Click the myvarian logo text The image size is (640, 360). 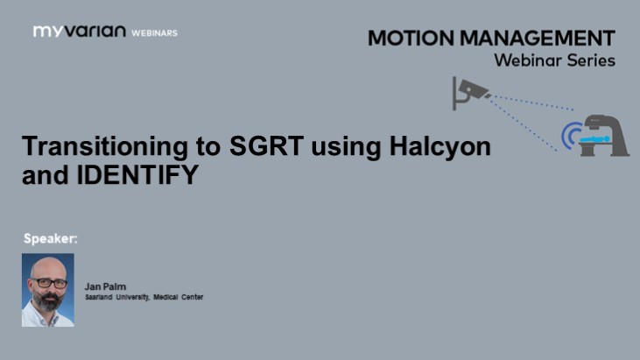coord(79,32)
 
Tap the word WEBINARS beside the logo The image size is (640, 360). coord(154,32)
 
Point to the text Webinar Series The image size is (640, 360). coord(554,60)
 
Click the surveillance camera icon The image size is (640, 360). coord(469,91)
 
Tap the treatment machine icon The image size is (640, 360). coord(605,135)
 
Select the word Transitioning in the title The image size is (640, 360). coord(92,146)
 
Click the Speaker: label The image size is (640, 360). coord(51,237)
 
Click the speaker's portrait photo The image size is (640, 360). coord(48,289)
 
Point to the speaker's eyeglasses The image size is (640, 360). coord(48,284)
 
